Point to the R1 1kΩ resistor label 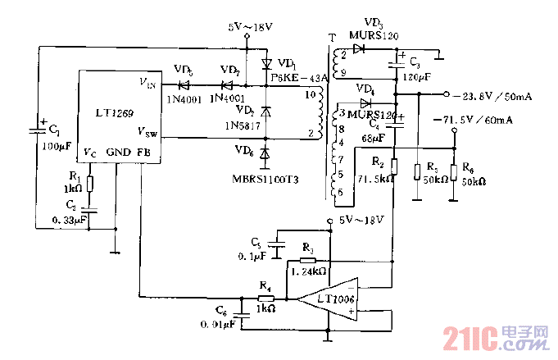75,182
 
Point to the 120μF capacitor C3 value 415,76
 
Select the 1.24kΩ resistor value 307,271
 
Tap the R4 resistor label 265,285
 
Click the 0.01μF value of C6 219,326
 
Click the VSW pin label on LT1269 148,131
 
